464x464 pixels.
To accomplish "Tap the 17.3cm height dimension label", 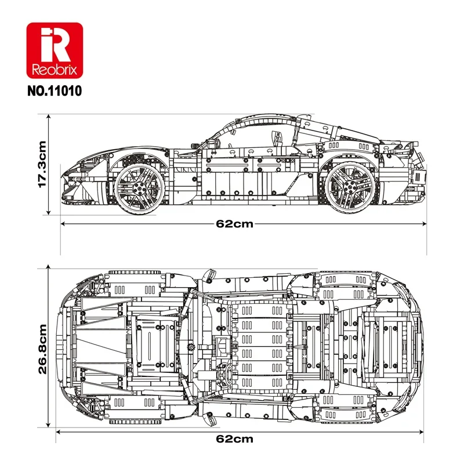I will pyautogui.click(x=41, y=164).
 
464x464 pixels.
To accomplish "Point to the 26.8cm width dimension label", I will pyautogui.click(x=41, y=349).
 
